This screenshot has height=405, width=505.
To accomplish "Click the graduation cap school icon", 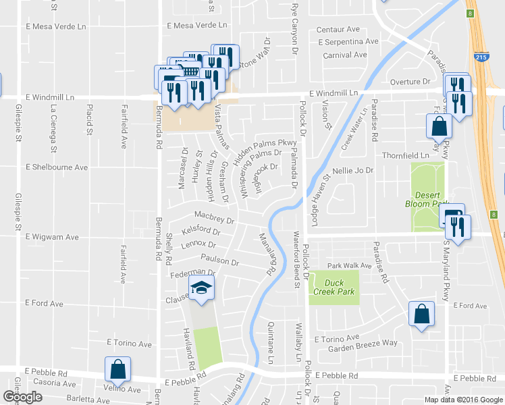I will pyautogui.click(x=201, y=288).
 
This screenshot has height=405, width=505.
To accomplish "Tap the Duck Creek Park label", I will pyautogui.click(x=334, y=286).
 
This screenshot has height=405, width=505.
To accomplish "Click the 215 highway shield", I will pyautogui.click(x=481, y=59).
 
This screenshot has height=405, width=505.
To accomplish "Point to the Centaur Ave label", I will pyautogui.click(x=338, y=30).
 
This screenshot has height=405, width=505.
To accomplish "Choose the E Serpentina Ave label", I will pyautogui.click(x=346, y=42).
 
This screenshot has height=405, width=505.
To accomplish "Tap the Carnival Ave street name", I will pyautogui.click(x=344, y=55).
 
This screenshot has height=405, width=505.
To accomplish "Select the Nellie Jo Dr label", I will pyautogui.click(x=353, y=171).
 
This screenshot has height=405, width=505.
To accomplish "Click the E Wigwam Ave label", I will pyautogui.click(x=52, y=238).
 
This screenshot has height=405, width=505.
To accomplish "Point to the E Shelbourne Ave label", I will pyautogui.click(x=57, y=167).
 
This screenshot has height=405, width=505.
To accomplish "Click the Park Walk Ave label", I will pyautogui.click(x=350, y=266).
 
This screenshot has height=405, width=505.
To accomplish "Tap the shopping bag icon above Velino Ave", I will pyautogui.click(x=117, y=369).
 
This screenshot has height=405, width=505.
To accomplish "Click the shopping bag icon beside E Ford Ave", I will pyautogui.click(x=421, y=314).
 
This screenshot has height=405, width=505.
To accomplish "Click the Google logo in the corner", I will pyautogui.click(x=22, y=397).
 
